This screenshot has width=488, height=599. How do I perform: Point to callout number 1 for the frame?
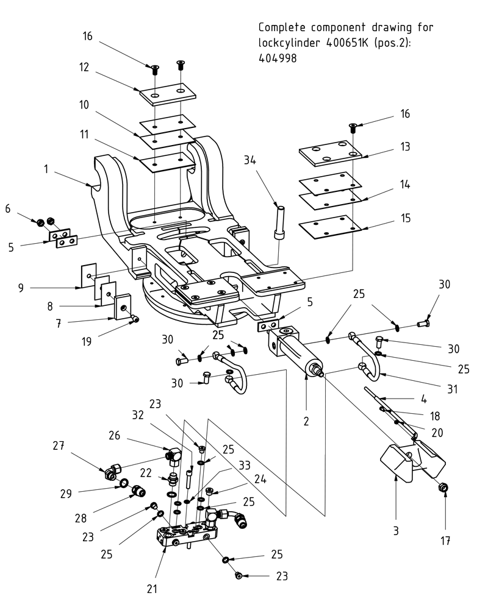[x=46, y=171]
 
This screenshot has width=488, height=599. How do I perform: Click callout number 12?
[x=84, y=67]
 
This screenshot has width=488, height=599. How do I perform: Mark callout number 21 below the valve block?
[x=152, y=589]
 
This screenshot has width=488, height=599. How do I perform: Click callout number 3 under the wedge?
[x=395, y=531]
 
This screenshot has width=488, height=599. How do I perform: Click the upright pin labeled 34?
[x=281, y=223]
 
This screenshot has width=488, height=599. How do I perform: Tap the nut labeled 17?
[x=445, y=487]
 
